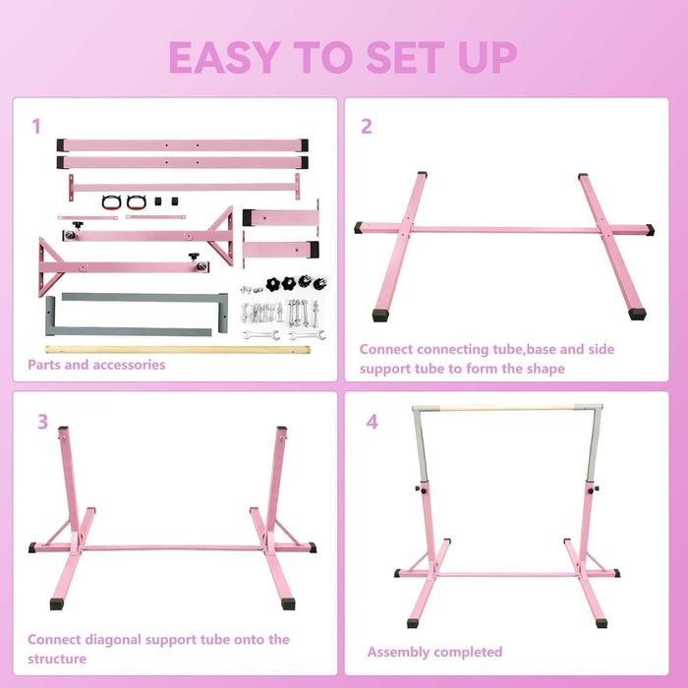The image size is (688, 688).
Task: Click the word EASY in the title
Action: (225, 57)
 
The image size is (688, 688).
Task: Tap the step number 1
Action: (36, 127)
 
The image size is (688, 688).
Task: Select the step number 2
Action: (367, 127)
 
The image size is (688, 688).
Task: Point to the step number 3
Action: (42, 422)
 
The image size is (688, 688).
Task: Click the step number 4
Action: (373, 422)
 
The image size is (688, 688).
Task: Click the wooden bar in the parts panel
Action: (178, 350)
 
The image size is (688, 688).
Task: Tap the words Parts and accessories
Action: (96, 365)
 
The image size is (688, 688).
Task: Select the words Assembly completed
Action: (434, 652)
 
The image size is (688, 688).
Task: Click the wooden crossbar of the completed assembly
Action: (507, 408)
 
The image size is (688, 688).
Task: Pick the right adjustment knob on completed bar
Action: (593, 489)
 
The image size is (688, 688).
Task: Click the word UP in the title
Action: (487, 57)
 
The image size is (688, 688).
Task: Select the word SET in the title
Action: (405, 57)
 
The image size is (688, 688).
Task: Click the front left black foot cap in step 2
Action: (380, 315)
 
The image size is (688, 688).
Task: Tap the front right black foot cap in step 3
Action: (288, 603)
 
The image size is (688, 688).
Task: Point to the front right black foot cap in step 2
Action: (637, 314)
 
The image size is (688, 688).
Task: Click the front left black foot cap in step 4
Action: (412, 623)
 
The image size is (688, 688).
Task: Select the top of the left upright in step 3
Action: (63, 429)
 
